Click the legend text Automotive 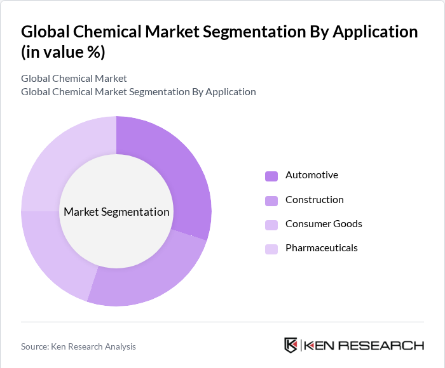(x=311, y=175)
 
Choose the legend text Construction (x=314, y=200)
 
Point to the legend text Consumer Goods (x=324, y=224)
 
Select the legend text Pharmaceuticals (x=321, y=248)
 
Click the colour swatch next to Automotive (x=271, y=176)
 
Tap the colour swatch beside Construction (x=271, y=200)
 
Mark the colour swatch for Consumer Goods (x=271, y=225)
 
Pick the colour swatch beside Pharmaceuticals (x=271, y=249)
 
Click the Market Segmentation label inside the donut (x=116, y=212)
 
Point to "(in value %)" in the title (x=63, y=53)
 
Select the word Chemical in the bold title (x=102, y=32)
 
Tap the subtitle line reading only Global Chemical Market (x=74, y=79)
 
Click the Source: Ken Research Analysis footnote (x=78, y=346)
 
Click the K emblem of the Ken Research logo (x=291, y=345)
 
